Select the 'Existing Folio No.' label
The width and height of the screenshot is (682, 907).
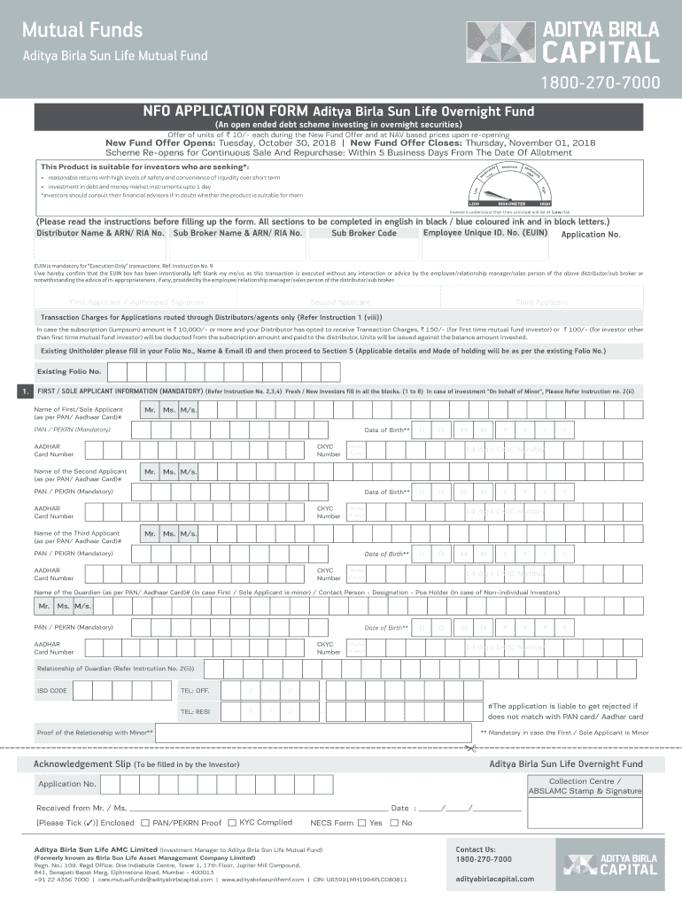coord(68,371)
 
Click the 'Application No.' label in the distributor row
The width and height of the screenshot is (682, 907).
coord(591,235)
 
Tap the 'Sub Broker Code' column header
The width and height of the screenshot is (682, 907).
coord(363,234)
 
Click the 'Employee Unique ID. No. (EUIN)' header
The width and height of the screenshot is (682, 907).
coord(485,233)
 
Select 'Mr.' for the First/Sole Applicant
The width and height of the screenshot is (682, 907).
coord(150,410)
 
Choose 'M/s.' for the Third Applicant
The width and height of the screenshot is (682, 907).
coord(188,533)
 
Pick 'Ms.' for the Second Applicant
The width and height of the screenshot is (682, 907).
coord(168,472)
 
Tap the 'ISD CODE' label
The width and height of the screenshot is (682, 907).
coord(51,690)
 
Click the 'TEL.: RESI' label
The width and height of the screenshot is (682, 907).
coord(195,711)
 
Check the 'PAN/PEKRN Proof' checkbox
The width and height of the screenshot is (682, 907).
coord(145,823)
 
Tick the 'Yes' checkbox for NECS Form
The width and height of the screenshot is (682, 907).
coord(361,823)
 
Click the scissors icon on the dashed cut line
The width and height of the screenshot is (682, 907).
coord(469,749)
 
